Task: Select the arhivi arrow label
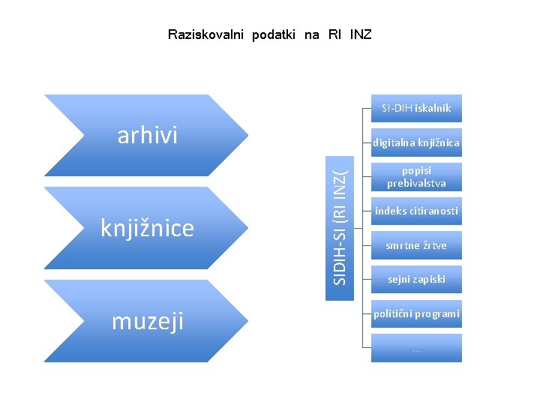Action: (x=148, y=136)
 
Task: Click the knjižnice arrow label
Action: (x=147, y=228)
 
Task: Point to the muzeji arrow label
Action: (x=148, y=321)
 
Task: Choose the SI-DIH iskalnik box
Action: (x=416, y=108)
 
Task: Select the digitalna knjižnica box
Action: (x=416, y=142)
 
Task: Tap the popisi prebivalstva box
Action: (x=416, y=177)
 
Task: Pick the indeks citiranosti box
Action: (x=416, y=211)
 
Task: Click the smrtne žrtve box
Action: (x=416, y=245)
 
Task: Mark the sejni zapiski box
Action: (x=416, y=279)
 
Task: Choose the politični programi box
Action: (x=416, y=313)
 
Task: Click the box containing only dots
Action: (x=416, y=348)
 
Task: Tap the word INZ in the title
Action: (x=360, y=34)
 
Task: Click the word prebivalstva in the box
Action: (x=416, y=183)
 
